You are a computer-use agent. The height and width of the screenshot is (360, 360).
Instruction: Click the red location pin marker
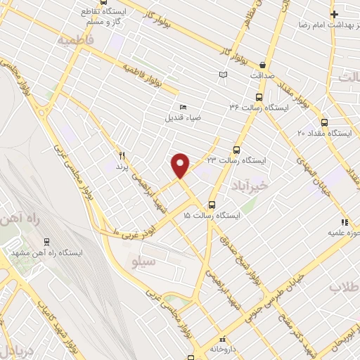pyautogui.click(x=181, y=165)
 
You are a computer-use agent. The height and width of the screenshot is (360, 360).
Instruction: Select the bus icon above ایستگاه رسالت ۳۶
pyautogui.click(x=259, y=98)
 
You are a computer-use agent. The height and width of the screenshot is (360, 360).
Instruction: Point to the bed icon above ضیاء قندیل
pyautogui.click(x=183, y=106)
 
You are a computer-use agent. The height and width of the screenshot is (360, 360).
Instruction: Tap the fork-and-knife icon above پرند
pyautogui.click(x=121, y=155)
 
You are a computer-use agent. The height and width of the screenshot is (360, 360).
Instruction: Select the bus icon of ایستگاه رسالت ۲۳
pyautogui.click(x=236, y=150)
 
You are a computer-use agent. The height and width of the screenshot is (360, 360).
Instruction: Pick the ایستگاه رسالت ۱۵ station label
pyautogui.click(x=211, y=214)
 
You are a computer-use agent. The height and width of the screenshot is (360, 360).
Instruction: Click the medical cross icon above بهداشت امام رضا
pyautogui.click(x=335, y=14)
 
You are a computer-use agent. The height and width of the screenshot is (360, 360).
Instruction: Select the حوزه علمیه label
pyautogui.click(x=345, y=232)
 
